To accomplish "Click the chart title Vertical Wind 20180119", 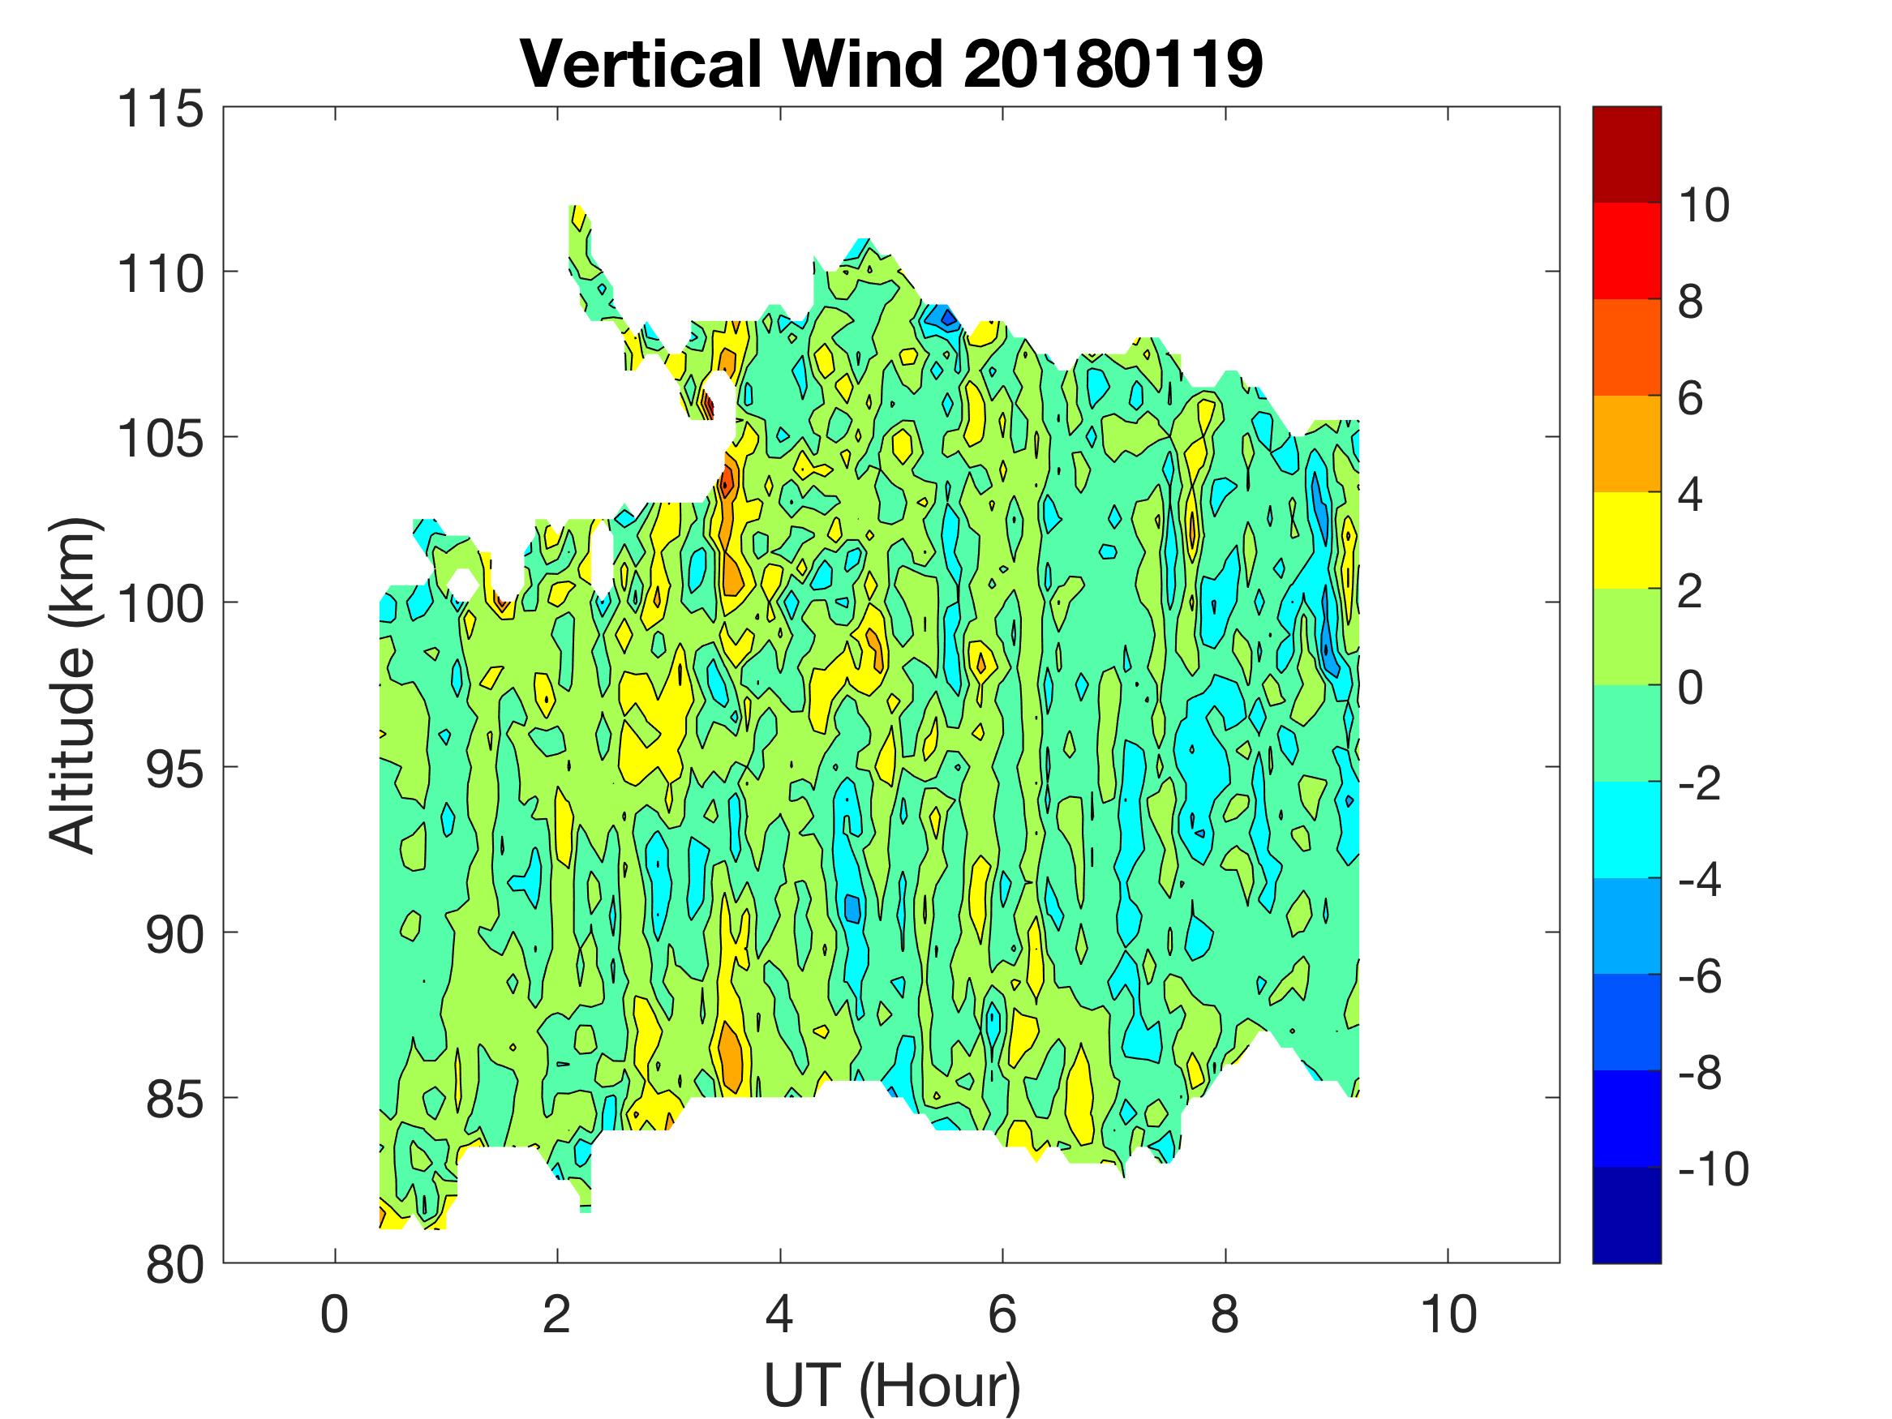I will (891, 64).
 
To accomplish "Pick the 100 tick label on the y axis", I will (161, 603).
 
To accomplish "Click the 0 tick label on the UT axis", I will (334, 1314).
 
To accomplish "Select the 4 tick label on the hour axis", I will (779, 1314).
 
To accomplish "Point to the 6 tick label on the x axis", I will (1002, 1314).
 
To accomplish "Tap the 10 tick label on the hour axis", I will (1448, 1314).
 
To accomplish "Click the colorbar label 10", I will (1703, 205).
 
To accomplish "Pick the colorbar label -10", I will (1714, 1169).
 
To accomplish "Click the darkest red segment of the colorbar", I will (1626, 154).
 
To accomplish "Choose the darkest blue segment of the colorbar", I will (1626, 1215).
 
